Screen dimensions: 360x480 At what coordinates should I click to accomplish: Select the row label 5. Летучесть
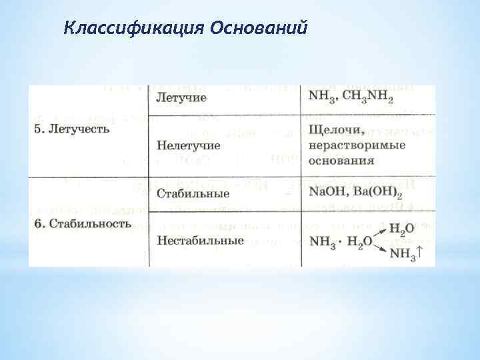click(x=71, y=129)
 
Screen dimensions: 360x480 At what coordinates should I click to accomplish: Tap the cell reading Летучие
click(x=181, y=98)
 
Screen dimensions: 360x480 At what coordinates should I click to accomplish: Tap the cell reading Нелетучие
click(x=189, y=145)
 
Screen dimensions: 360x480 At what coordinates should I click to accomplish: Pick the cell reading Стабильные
click(x=192, y=193)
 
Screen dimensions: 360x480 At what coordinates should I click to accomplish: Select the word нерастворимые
click(x=357, y=145)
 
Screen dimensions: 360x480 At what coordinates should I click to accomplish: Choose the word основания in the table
click(x=341, y=160)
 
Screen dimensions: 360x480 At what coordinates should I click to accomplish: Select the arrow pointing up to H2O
click(x=378, y=233)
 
